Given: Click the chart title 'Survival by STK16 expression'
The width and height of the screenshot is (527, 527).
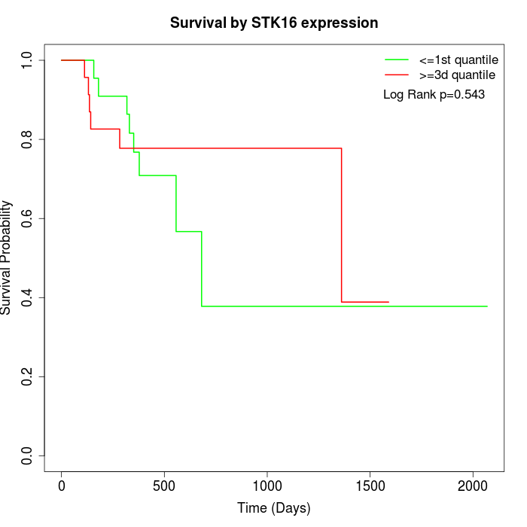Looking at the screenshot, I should pyautogui.click(x=274, y=23).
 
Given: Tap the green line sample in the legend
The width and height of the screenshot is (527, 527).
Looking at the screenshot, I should pyautogui.click(x=397, y=59).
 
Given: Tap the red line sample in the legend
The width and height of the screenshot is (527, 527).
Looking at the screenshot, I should pyautogui.click(x=397, y=75).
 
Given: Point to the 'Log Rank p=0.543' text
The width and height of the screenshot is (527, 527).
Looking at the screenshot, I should pyautogui.click(x=434, y=94).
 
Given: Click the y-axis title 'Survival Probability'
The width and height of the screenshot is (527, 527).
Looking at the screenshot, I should pyautogui.click(x=7, y=257).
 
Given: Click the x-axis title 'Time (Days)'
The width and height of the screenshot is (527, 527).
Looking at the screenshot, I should pyautogui.click(x=274, y=508).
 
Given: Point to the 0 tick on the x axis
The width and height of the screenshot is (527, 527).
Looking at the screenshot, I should pyautogui.click(x=62, y=486).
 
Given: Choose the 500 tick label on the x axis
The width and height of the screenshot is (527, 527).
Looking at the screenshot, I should pyautogui.click(x=164, y=486).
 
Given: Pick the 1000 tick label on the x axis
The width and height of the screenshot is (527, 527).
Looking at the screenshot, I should pyautogui.click(x=267, y=486).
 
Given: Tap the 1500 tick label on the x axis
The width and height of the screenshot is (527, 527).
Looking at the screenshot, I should pyautogui.click(x=370, y=486).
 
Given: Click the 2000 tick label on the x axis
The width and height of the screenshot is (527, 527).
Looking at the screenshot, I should pyautogui.click(x=473, y=486).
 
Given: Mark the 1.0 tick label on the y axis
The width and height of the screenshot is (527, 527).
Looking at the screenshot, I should pyautogui.click(x=27, y=60).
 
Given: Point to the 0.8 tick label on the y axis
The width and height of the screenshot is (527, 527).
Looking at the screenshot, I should pyautogui.click(x=27, y=139).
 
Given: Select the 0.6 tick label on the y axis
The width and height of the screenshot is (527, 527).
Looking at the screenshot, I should pyautogui.click(x=27, y=218).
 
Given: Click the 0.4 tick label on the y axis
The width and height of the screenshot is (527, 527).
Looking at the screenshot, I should pyautogui.click(x=27, y=297).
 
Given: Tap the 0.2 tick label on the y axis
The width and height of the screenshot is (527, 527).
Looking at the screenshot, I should pyautogui.click(x=27, y=376).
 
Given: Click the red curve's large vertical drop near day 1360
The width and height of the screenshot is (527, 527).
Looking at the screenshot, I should pyautogui.click(x=342, y=226).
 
